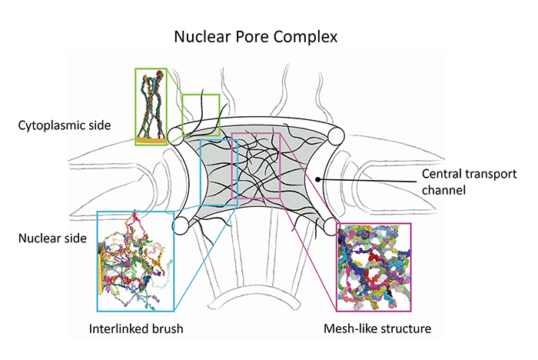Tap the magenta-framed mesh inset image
pyautogui.click(x=374, y=261)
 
